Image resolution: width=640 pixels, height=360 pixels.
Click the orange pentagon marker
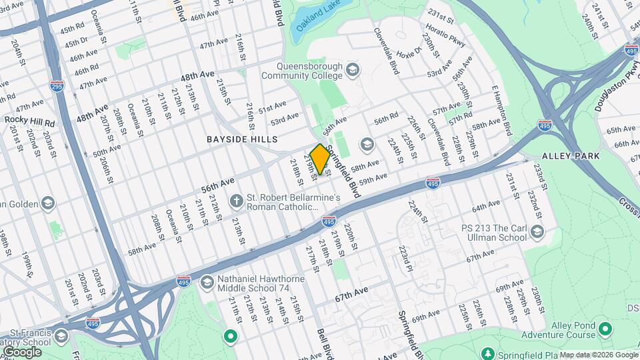point(320,159)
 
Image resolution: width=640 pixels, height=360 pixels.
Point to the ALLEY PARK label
point(571,155)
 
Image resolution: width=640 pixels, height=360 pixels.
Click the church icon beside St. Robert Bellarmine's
point(236,200)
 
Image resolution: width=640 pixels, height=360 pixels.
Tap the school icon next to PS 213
point(538,232)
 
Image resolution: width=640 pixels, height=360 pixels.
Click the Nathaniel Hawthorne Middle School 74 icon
point(207,283)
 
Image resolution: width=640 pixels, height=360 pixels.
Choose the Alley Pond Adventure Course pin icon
point(605,329)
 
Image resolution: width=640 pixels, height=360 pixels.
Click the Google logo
point(21,351)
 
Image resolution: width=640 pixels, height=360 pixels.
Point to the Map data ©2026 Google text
point(598,355)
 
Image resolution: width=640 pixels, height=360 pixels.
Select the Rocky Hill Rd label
point(30,120)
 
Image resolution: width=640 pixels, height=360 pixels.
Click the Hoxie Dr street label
point(409,51)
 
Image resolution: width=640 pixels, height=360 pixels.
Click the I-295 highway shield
point(57,86)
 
